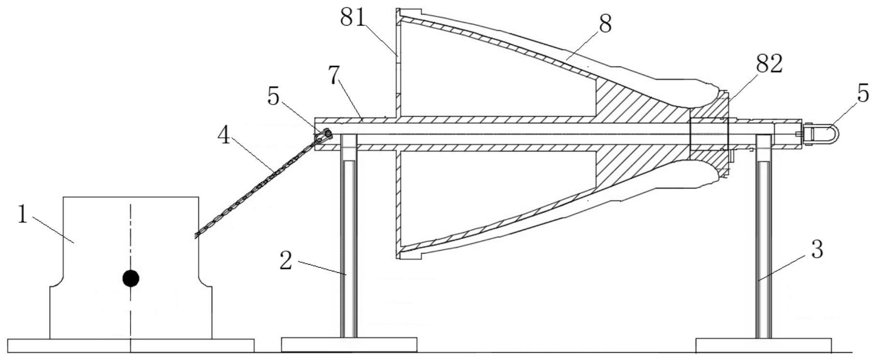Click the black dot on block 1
tap(131, 278)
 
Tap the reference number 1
tap(22, 214)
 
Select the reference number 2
tap(286, 260)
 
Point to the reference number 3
tap(816, 250)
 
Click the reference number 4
tap(224, 136)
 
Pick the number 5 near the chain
tap(273, 97)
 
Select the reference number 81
tap(353, 18)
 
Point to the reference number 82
tap(769, 64)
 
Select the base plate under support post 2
tap(349, 345)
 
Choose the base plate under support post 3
tap(764, 345)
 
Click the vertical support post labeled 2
tap(349, 241)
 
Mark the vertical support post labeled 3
tap(763, 241)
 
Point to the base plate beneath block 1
tap(131, 346)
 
